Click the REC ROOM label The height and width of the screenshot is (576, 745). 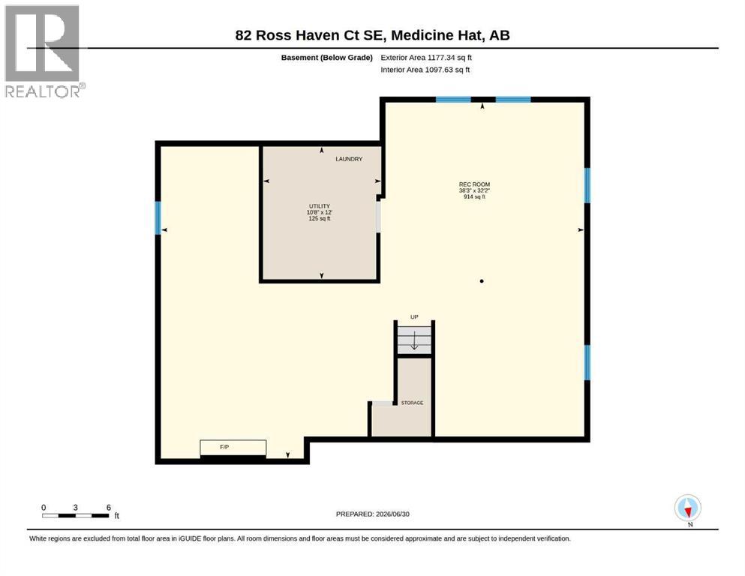[474, 184]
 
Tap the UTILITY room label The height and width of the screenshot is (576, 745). [320, 206]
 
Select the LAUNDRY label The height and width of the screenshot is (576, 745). [349, 159]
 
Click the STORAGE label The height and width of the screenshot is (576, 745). [412, 403]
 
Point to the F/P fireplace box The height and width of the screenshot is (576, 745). [233, 447]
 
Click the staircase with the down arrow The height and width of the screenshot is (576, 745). [414, 340]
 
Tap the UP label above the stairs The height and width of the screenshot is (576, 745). [414, 316]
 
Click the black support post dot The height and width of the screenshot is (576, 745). [482, 281]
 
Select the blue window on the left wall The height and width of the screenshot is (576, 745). [158, 218]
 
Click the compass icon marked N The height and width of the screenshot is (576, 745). [687, 508]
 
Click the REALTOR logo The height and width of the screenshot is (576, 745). [42, 51]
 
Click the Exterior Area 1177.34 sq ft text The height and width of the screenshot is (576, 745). [426, 58]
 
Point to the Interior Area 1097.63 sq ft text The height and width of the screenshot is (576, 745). [425, 70]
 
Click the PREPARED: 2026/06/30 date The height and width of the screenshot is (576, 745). [372, 514]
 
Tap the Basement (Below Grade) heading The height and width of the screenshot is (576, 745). [327, 58]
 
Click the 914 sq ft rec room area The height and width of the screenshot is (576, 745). [474, 196]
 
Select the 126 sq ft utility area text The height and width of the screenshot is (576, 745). [320, 218]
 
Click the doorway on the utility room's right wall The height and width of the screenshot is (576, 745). [378, 217]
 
